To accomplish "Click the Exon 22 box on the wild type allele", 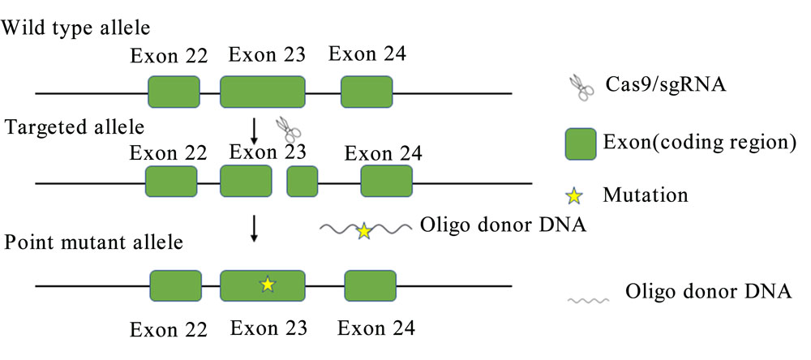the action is point(174,92).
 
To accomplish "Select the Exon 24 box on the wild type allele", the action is point(367,92).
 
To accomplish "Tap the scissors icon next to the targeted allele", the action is point(289,129).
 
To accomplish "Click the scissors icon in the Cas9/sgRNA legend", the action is point(581,88).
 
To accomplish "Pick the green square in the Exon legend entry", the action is point(581,144).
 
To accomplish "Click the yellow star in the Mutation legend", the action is point(574,196).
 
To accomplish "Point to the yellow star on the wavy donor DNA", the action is point(364,231).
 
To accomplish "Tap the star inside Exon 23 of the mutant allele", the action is point(268,284).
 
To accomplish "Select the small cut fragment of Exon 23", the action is point(303,181).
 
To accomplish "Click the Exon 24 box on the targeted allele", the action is point(387,181).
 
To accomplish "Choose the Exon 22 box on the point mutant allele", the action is point(176,285).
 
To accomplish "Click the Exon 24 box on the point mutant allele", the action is point(371,285).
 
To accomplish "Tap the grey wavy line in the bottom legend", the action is point(589,300).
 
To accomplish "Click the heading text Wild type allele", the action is point(76,27).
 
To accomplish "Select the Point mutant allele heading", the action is point(94,242).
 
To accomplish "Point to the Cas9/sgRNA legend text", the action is point(667,85).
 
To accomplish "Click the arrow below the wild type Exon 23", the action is point(254,131).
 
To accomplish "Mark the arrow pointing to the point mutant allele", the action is point(254,229).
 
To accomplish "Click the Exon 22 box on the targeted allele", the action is point(171,181).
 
